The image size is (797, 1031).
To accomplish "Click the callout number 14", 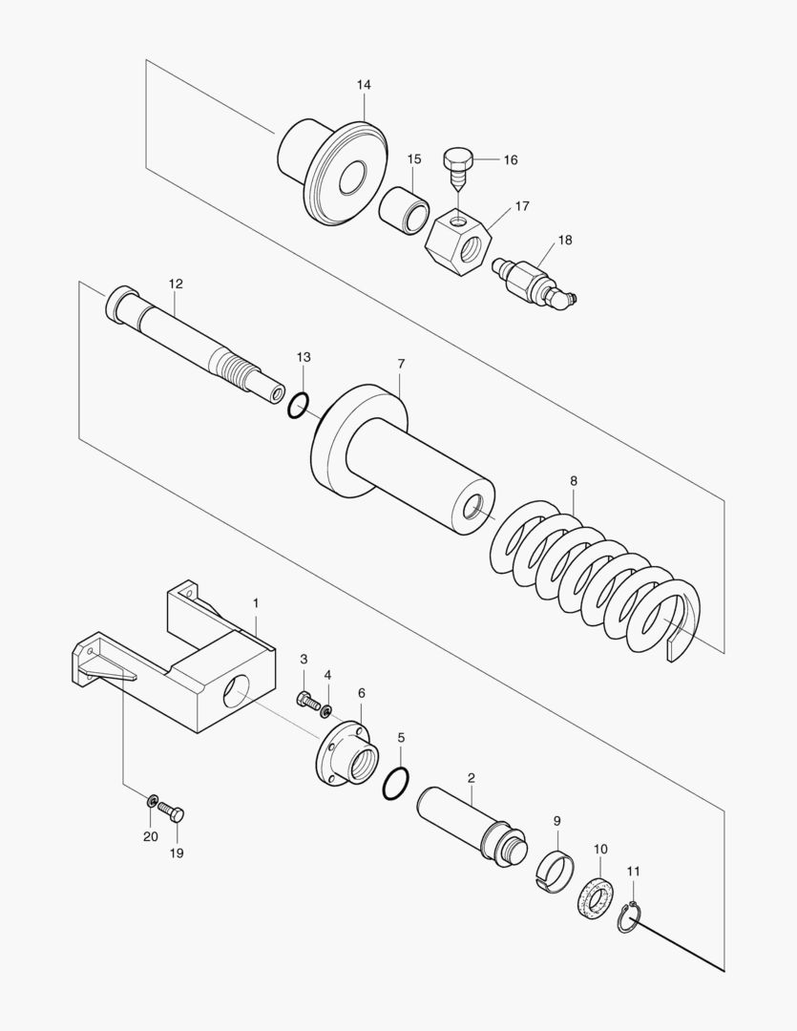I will coord(364,85).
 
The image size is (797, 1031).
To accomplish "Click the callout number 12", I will coord(175,284).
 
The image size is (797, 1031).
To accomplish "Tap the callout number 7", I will coord(401,364).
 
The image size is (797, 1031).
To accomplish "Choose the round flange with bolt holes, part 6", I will coord(346,755).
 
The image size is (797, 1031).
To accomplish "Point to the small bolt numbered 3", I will coord(304,701).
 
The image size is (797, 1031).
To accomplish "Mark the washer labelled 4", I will coord(326,710).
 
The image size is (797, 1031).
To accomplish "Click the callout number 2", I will coord(472,778).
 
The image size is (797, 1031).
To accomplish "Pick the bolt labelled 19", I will coord(172,812).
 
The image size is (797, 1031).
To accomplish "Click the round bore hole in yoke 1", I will coord(240,691).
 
